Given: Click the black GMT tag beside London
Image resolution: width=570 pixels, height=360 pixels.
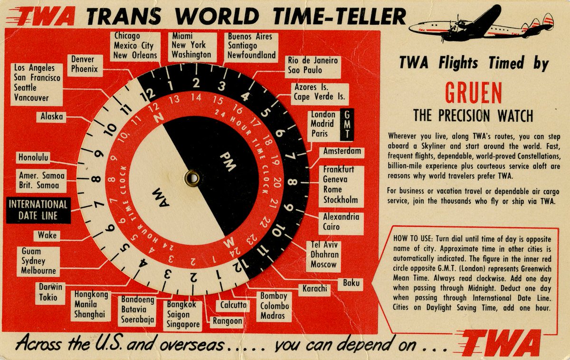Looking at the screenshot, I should tap(347, 124).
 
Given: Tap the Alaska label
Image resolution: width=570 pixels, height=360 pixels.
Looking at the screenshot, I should tap(52, 116).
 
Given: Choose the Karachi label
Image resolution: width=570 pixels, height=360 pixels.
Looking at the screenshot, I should tap(314, 288).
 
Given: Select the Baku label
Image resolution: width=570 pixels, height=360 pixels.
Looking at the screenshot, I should tap(351, 284).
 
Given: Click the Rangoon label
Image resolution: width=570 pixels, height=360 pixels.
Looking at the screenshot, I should tap(228, 322).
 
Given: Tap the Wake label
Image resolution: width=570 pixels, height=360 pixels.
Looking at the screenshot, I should tap(47, 235).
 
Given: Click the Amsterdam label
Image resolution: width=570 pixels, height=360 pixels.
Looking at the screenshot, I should tap(342, 152).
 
